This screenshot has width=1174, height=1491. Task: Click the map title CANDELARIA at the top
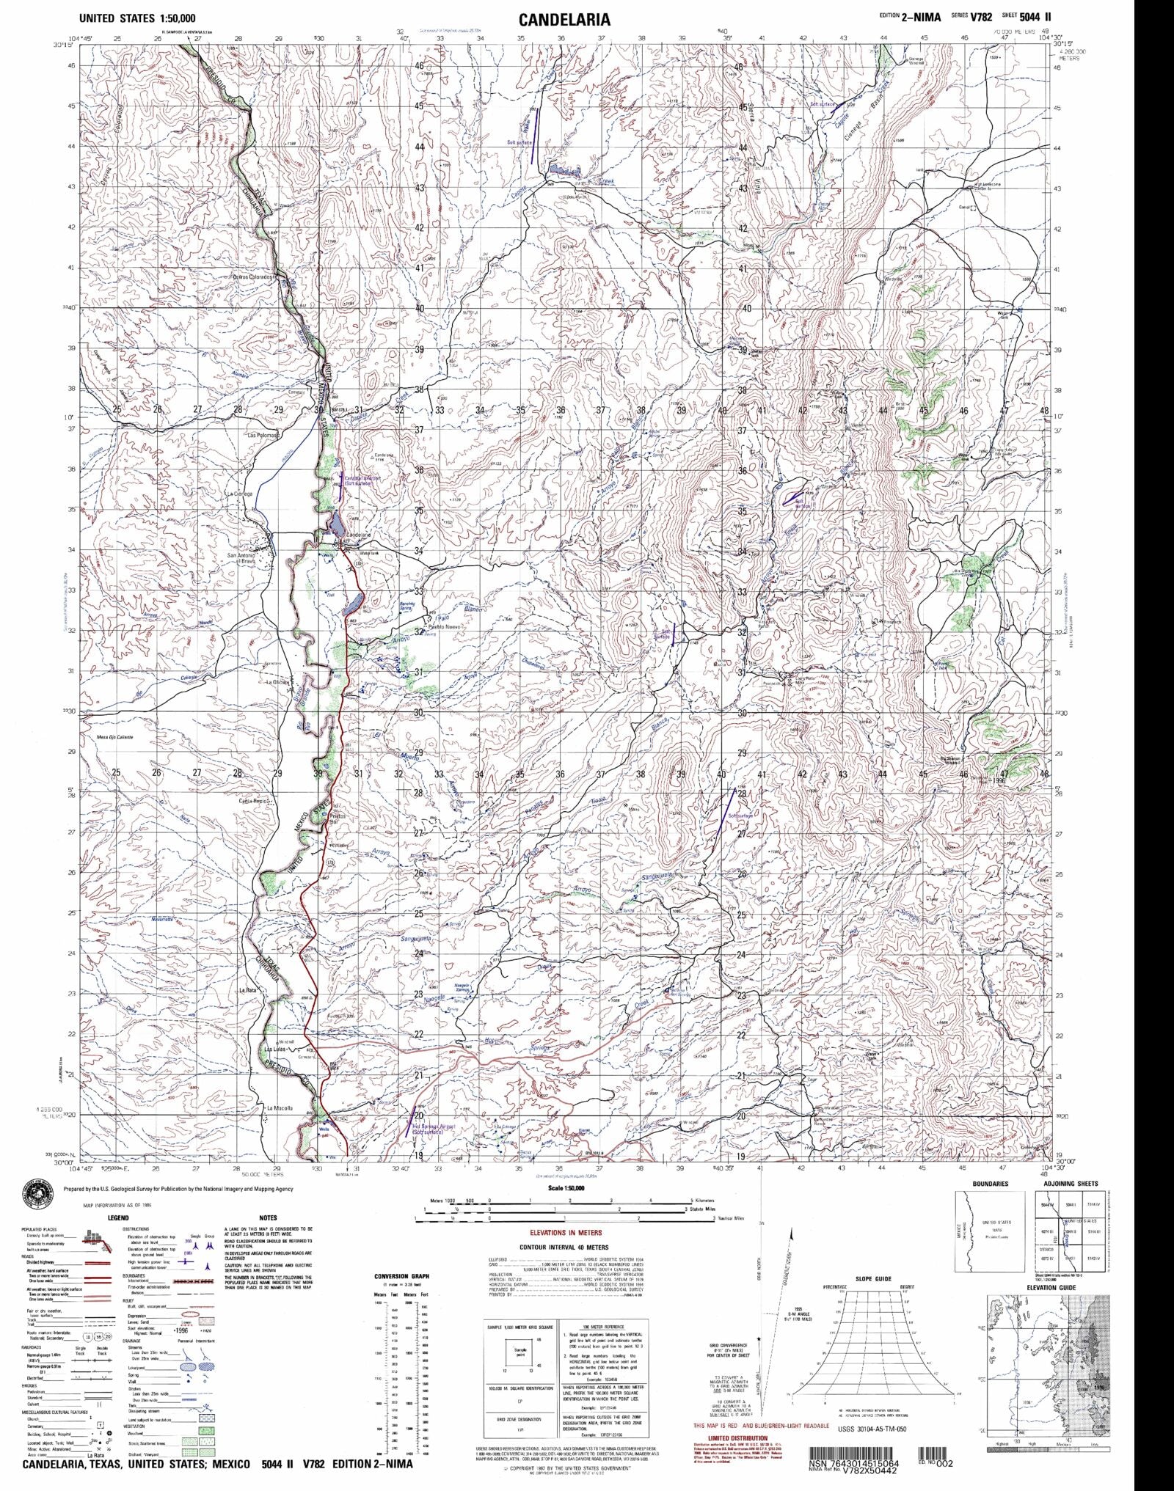(x=564, y=19)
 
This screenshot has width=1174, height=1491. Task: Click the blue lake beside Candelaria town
(x=336, y=525)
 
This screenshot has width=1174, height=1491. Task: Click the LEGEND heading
(x=118, y=1218)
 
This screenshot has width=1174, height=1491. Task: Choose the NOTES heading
(x=269, y=1218)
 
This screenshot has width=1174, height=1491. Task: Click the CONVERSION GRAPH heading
(x=401, y=1277)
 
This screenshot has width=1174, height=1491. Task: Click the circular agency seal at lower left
(x=31, y=1199)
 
